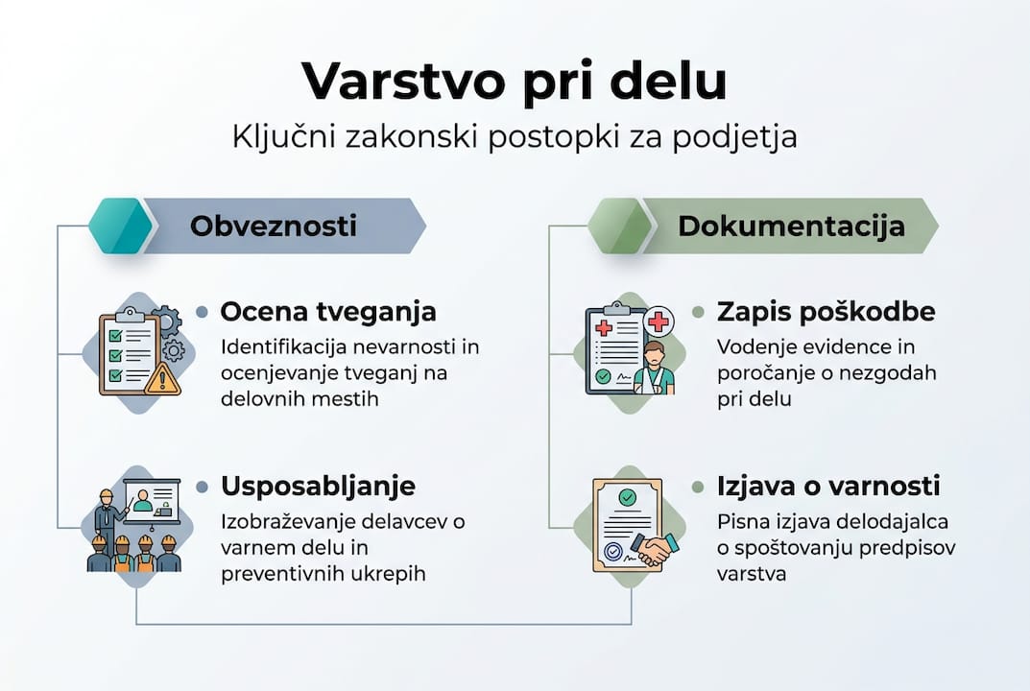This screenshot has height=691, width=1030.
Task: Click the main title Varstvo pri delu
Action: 515,81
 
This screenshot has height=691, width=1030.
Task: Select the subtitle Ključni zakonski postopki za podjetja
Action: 515,136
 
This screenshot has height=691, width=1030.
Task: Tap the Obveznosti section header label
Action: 274,226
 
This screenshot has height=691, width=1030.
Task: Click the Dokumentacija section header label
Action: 791,226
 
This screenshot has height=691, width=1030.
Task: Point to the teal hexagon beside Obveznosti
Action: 120,226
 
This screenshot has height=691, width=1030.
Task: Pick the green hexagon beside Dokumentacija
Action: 620,226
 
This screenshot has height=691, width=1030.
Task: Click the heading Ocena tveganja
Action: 328,312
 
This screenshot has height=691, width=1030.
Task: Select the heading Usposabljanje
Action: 318,486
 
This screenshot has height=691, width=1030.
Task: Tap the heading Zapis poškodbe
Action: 826,312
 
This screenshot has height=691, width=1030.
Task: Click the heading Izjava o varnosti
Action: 827,486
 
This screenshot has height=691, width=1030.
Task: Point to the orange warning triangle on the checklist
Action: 162,379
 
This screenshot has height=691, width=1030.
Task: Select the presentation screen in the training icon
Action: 152,502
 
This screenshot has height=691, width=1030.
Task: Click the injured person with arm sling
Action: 655,369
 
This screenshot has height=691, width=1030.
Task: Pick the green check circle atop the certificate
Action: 627,497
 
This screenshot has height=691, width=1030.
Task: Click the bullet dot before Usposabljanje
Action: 203,487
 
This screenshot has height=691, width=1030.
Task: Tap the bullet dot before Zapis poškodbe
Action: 699,313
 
